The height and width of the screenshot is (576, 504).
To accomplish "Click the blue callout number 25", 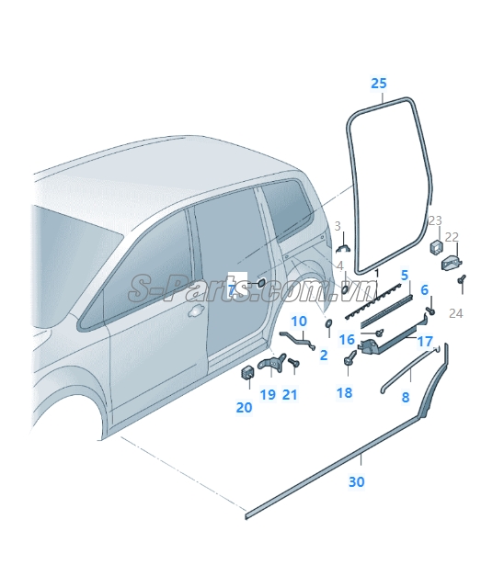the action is pyautogui.click(x=379, y=84).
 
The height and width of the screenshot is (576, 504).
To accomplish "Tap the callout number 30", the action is pyautogui.click(x=357, y=481).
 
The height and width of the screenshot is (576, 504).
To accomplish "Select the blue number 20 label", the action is pyautogui.click(x=245, y=407).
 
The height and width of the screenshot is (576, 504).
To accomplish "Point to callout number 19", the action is pyautogui.click(x=268, y=394).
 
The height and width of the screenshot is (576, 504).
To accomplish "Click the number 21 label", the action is pyautogui.click(x=290, y=394).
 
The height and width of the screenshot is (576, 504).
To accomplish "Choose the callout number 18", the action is pyautogui.click(x=344, y=392).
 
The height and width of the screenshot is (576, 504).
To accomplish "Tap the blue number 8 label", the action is pyautogui.click(x=406, y=397).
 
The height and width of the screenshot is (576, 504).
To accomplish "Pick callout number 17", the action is pyautogui.click(x=425, y=341).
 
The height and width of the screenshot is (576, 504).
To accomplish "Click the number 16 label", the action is pyautogui.click(x=347, y=339).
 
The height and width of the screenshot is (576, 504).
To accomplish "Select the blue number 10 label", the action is pyautogui.click(x=299, y=322).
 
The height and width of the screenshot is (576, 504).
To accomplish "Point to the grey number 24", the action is pyautogui.click(x=456, y=313).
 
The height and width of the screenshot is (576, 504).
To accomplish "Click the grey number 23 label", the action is pyautogui.click(x=435, y=220).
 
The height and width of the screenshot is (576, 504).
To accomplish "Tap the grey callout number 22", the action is pyautogui.click(x=452, y=237).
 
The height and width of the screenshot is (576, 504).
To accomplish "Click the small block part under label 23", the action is pyautogui.click(x=436, y=248).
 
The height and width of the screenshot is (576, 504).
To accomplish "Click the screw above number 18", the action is pyautogui.click(x=350, y=357).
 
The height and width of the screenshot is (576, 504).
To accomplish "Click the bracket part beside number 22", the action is pyautogui.click(x=452, y=263).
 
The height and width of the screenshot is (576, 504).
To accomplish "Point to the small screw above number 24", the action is pyautogui.click(x=462, y=279).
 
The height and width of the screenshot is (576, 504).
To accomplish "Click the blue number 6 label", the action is pyautogui.click(x=425, y=289).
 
